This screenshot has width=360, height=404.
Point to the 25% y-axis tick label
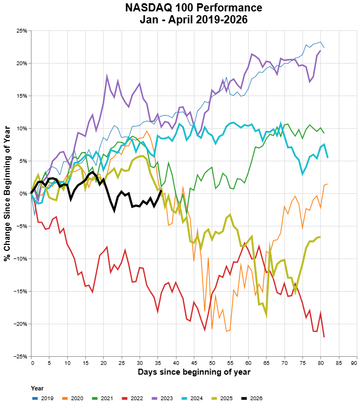click(22, 30)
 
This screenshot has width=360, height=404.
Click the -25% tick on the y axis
click(21, 356)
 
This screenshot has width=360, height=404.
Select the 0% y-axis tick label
click(23, 193)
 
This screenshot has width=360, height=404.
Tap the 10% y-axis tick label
click(22, 128)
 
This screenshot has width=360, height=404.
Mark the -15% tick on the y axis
click(21, 291)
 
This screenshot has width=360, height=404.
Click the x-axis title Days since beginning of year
click(193, 372)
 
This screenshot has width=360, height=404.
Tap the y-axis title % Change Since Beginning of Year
click(7, 193)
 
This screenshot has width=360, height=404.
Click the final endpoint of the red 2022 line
click(324, 337)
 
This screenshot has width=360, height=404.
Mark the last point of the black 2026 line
click(161, 190)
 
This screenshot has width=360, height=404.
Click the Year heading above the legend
click(37, 389)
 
